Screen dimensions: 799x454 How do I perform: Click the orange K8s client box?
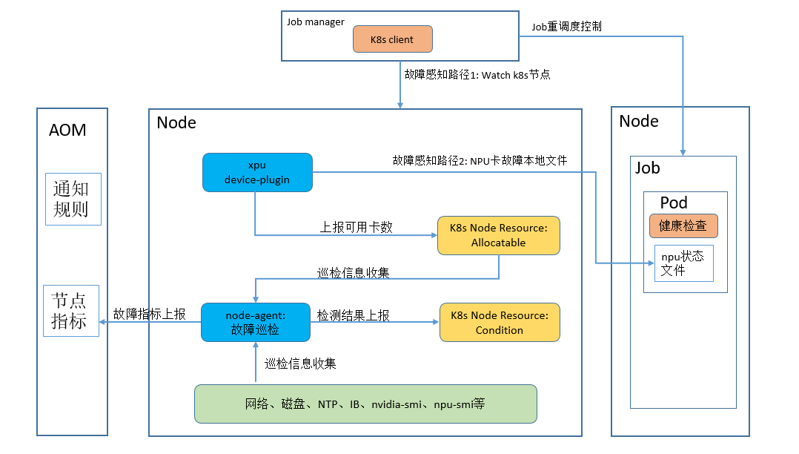(x=392, y=39)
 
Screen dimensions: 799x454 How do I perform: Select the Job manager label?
(x=316, y=22)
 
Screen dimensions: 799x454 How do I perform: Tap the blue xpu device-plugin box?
(x=257, y=172)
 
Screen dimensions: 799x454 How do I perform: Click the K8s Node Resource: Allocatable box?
(x=498, y=235)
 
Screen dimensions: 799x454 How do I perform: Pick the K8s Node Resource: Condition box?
(x=500, y=323)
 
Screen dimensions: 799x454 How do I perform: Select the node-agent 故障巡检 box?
(x=255, y=323)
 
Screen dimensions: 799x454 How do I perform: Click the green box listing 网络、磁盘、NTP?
(x=365, y=404)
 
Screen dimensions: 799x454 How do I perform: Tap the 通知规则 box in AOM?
(x=73, y=199)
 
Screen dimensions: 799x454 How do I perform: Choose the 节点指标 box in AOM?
(x=71, y=311)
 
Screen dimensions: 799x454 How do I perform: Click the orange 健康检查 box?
(x=683, y=226)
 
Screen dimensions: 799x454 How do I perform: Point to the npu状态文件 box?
(x=684, y=263)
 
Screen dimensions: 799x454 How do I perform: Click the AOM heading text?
(x=67, y=130)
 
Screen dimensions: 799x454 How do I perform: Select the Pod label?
(x=674, y=203)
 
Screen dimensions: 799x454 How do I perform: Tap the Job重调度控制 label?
(x=566, y=27)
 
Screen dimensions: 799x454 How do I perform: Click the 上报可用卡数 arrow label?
(x=357, y=227)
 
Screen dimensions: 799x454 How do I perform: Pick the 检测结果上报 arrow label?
(x=353, y=315)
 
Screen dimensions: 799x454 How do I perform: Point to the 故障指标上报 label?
(x=149, y=314)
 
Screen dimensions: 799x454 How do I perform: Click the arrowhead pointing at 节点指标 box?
(x=102, y=322)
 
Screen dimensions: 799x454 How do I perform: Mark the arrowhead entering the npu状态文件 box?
(x=652, y=263)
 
